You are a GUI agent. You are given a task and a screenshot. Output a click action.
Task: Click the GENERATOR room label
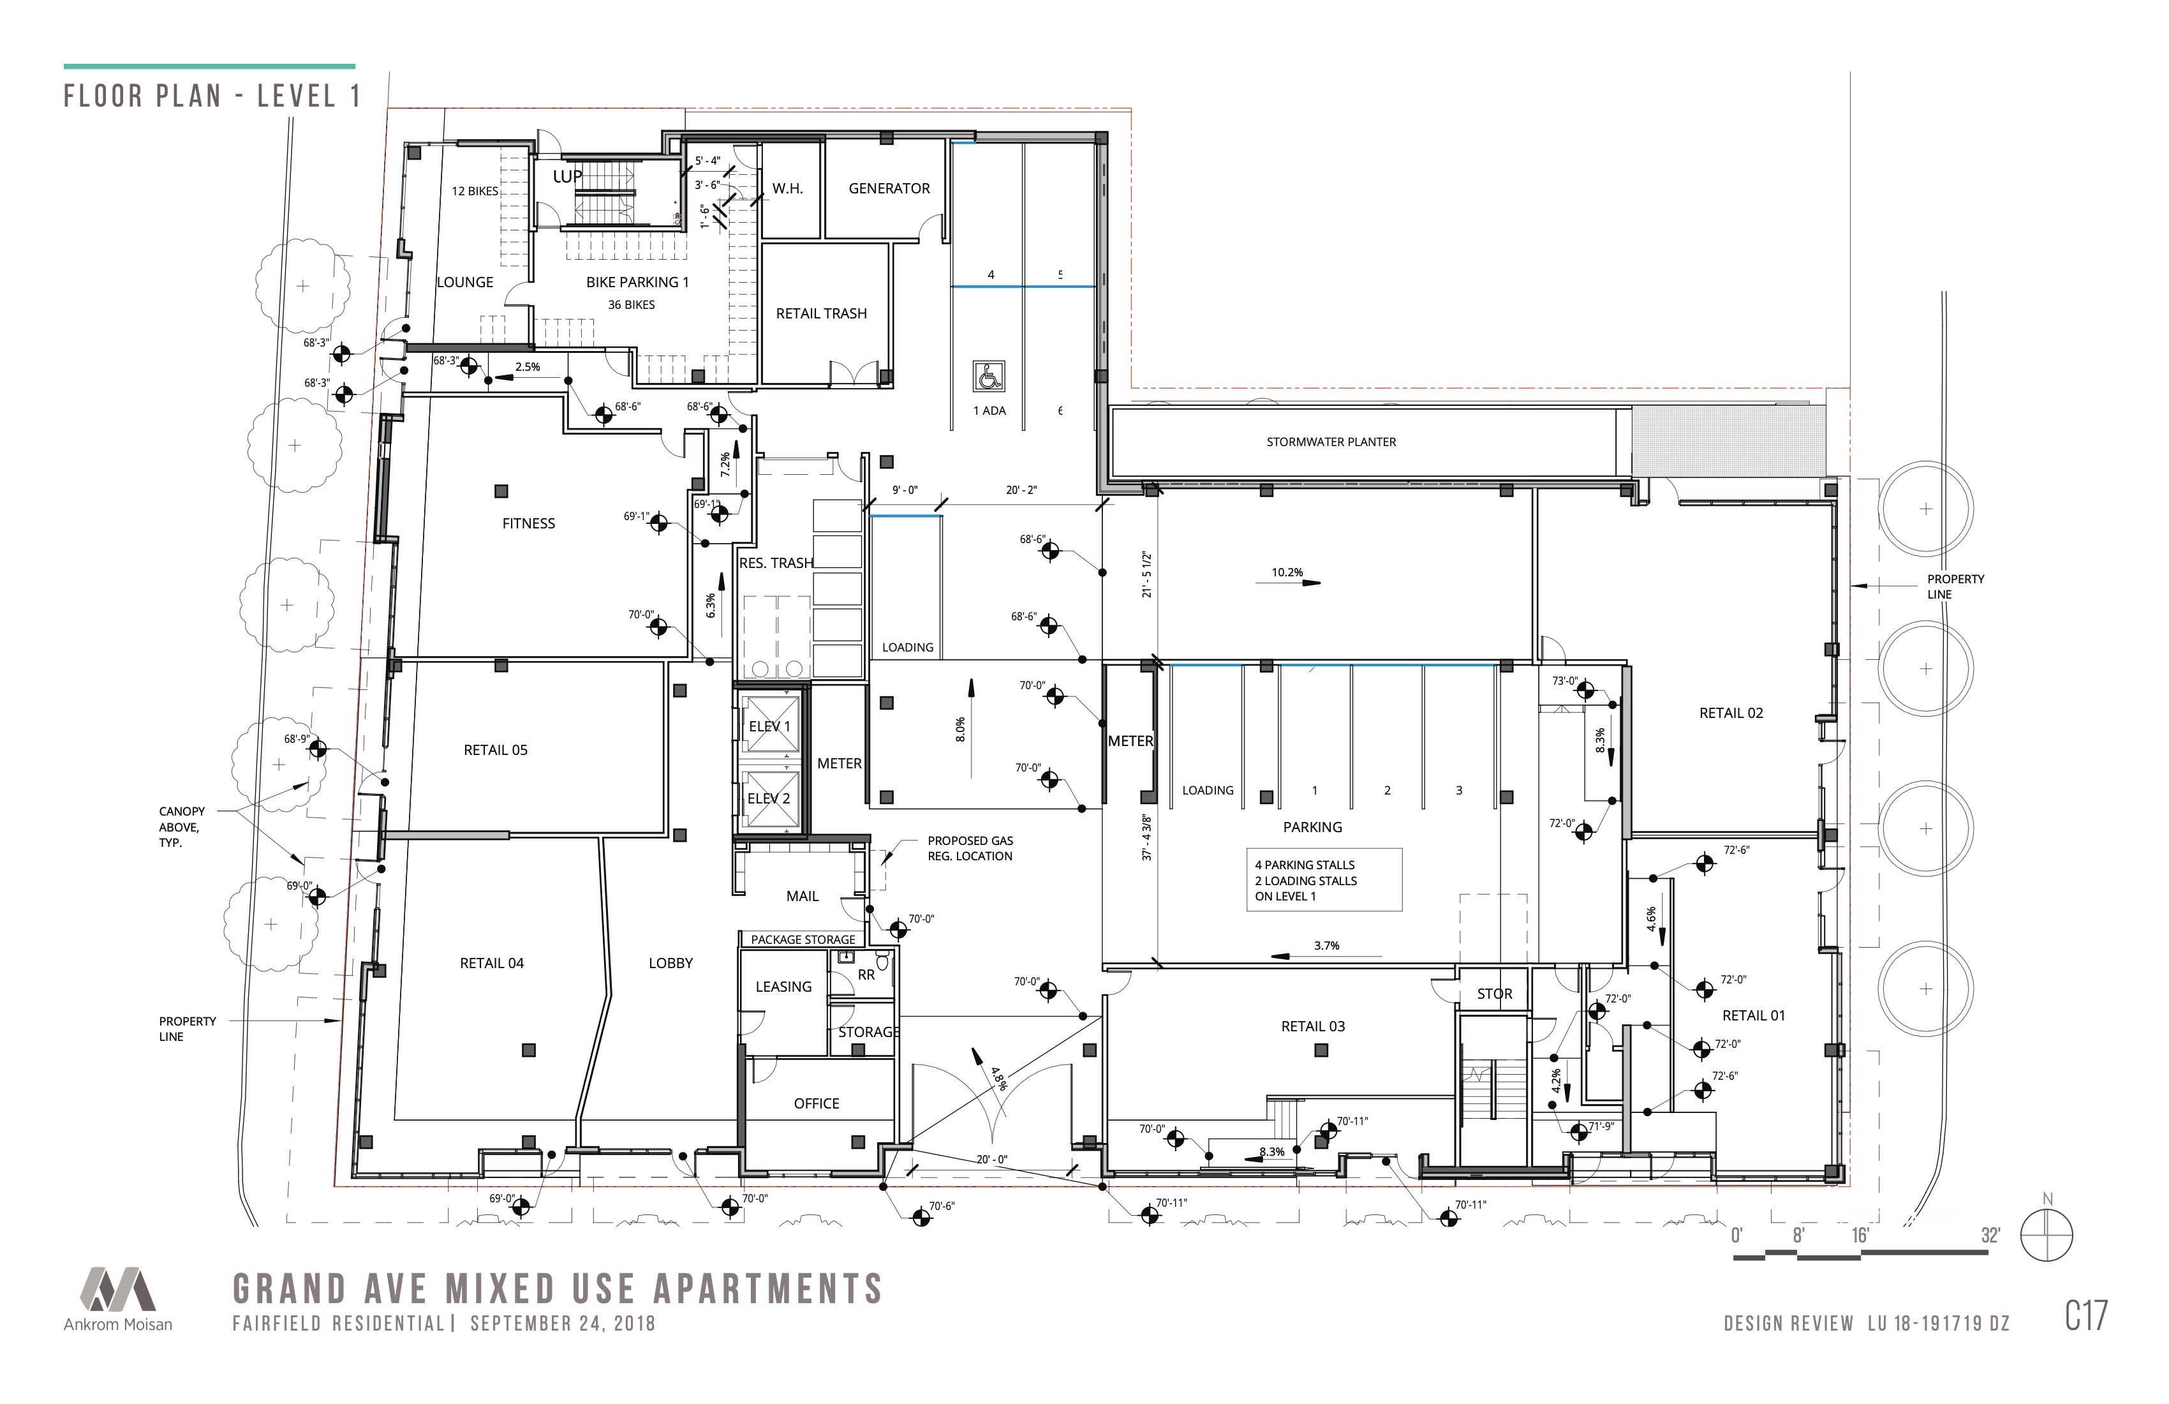[x=889, y=189]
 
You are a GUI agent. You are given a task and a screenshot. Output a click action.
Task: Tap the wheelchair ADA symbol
[x=989, y=377]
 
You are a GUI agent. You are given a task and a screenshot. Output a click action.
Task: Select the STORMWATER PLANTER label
[x=1331, y=442]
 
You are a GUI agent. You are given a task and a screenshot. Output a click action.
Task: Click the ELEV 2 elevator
[x=770, y=798]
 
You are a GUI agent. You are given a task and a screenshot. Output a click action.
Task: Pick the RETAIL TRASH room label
[x=821, y=313]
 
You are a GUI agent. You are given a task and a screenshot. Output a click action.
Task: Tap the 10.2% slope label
[x=1287, y=572]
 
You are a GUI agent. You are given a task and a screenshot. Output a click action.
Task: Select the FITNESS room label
[x=529, y=523]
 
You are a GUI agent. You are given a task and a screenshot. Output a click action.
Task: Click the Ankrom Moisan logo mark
[x=117, y=1289]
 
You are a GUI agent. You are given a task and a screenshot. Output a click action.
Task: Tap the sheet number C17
[x=2086, y=1315]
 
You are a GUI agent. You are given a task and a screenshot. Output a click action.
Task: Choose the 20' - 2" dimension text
[x=1021, y=491]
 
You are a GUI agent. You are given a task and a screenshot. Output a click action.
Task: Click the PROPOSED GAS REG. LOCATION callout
[x=970, y=849]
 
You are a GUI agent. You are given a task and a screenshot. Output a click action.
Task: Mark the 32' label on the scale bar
[x=1990, y=1236]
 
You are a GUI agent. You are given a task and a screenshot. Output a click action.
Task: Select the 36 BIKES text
[x=632, y=304]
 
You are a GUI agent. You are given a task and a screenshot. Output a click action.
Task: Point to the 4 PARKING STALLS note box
[x=1324, y=880]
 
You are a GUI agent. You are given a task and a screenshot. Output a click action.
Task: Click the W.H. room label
[x=787, y=189]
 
